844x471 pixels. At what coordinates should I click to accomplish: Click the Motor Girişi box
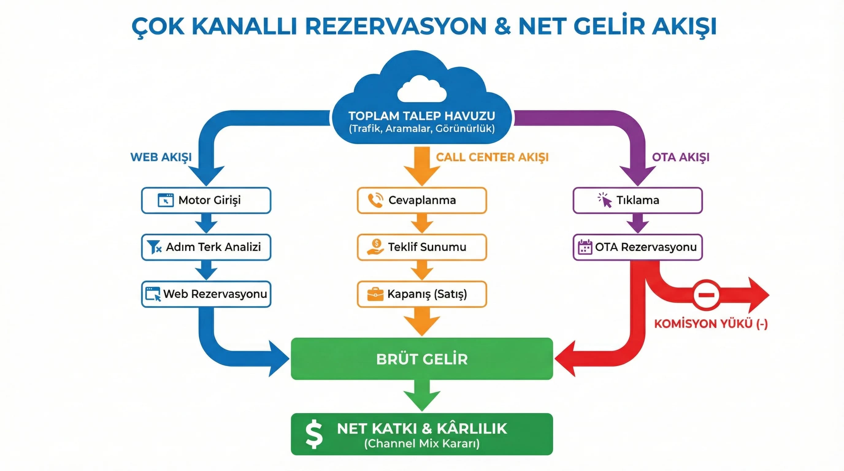(x=206, y=200)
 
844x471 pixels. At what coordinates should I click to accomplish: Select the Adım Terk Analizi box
(x=206, y=247)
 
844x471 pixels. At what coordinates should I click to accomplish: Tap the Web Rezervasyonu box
(x=206, y=294)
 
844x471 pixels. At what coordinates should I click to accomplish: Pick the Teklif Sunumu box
(x=422, y=247)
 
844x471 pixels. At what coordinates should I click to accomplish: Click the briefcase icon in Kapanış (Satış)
(x=375, y=294)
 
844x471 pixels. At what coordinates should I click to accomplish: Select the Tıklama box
(x=637, y=200)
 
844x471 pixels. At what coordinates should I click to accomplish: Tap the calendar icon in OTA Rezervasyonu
(x=585, y=247)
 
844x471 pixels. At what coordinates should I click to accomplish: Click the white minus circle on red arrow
(x=706, y=295)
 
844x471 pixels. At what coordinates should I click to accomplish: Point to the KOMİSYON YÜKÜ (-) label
(x=711, y=324)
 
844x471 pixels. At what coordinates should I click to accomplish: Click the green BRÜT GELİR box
(x=422, y=359)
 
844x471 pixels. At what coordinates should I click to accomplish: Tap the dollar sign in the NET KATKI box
(x=314, y=434)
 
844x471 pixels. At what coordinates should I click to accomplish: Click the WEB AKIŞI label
(x=161, y=157)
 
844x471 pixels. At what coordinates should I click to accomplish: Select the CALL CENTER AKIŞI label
(x=492, y=157)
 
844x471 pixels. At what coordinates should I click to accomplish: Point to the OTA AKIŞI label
(x=680, y=157)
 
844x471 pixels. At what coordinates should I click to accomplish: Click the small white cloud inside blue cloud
(x=422, y=89)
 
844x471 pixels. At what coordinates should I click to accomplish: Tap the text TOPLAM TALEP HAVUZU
(x=422, y=116)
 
